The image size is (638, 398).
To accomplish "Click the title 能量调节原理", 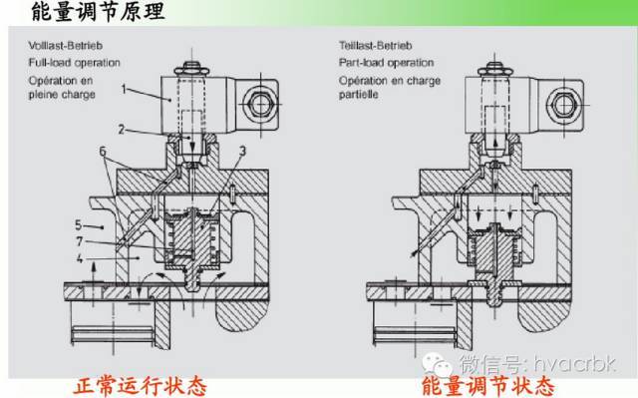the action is pyautogui.click(x=98, y=11).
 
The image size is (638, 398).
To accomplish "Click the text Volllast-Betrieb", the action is pyautogui.click(x=66, y=46).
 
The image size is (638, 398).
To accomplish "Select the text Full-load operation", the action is pyautogui.click(x=74, y=63).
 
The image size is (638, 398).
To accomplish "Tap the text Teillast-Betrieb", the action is pyautogui.click(x=375, y=46).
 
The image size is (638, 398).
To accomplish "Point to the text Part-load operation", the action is pyautogui.click(x=386, y=63).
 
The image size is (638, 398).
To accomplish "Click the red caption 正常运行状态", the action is pyautogui.click(x=140, y=386).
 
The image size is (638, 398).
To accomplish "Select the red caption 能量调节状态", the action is pyautogui.click(x=487, y=386).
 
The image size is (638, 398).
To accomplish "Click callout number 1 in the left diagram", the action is pyautogui.click(x=124, y=89).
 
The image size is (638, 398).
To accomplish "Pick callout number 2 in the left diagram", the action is pyautogui.click(x=122, y=130).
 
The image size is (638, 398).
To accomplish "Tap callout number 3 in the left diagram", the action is pyautogui.click(x=242, y=152).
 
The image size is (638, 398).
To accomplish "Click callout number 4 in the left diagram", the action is pyautogui.click(x=80, y=258).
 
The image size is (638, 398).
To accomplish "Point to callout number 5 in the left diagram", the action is pyautogui.click(x=79, y=225).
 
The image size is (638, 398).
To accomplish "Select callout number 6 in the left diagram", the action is pyautogui.click(x=103, y=152).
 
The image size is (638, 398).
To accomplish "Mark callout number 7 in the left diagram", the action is pyautogui.click(x=80, y=241).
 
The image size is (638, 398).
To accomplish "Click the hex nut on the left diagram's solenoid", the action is pyautogui.click(x=260, y=105).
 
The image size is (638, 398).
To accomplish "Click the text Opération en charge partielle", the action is pyautogui.click(x=390, y=88).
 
